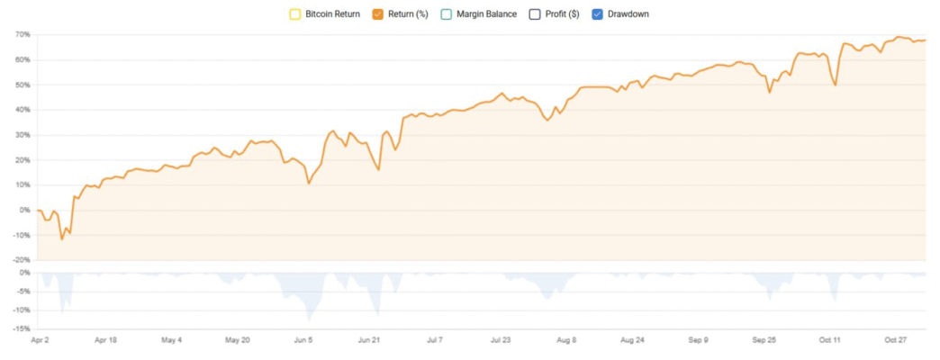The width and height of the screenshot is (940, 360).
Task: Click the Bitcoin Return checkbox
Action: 294,14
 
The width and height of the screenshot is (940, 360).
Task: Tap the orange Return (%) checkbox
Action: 377,14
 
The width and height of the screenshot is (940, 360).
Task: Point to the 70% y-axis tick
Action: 23,34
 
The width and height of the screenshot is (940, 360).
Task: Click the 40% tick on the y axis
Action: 23,110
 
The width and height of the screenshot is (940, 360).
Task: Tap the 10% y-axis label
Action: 23,185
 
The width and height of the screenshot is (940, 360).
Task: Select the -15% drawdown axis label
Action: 22,329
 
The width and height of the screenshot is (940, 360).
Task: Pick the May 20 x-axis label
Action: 237,341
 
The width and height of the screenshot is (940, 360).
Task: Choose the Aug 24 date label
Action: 634,341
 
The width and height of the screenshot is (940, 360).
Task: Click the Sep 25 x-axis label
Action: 764,341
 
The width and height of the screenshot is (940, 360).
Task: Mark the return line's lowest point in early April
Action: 62,239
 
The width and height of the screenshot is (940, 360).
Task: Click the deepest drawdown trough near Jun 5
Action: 309,321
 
